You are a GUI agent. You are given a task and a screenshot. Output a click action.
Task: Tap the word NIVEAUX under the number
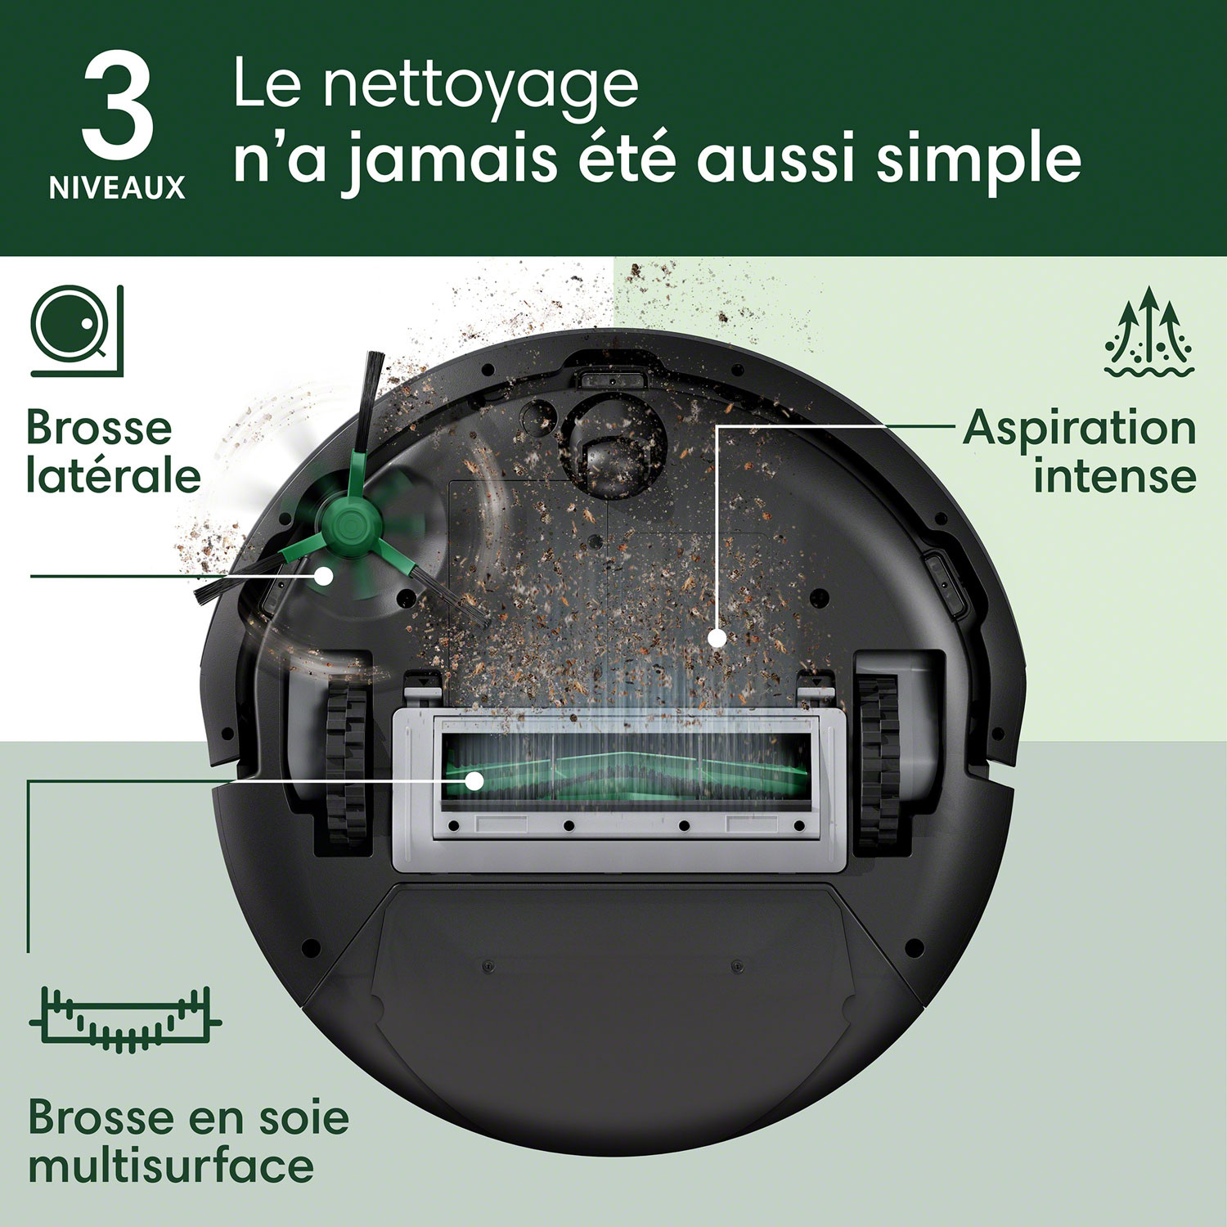click(118, 188)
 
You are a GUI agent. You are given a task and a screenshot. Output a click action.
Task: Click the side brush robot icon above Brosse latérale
click(76, 330)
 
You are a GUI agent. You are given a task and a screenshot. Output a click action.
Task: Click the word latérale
click(113, 475)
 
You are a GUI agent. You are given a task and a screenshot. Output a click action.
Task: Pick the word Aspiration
click(1080, 428)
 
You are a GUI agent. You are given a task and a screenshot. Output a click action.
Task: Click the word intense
click(1114, 475)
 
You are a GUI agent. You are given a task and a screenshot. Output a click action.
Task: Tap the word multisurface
click(171, 1165)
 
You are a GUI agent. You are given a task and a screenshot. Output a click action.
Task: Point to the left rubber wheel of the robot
click(346, 761)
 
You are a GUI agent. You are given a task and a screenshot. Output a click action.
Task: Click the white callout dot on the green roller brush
click(474, 780)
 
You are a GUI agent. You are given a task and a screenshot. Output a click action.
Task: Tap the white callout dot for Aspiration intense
click(717, 637)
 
